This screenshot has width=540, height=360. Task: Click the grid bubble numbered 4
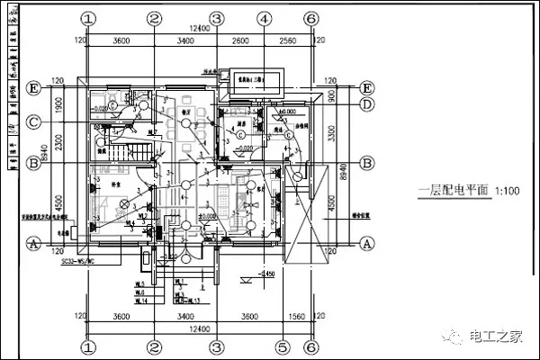(x=263, y=18)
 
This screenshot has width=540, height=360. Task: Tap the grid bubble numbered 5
(x=280, y=346)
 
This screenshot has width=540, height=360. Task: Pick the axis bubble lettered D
(x=366, y=104)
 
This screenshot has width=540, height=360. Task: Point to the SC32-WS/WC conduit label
(x=78, y=263)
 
